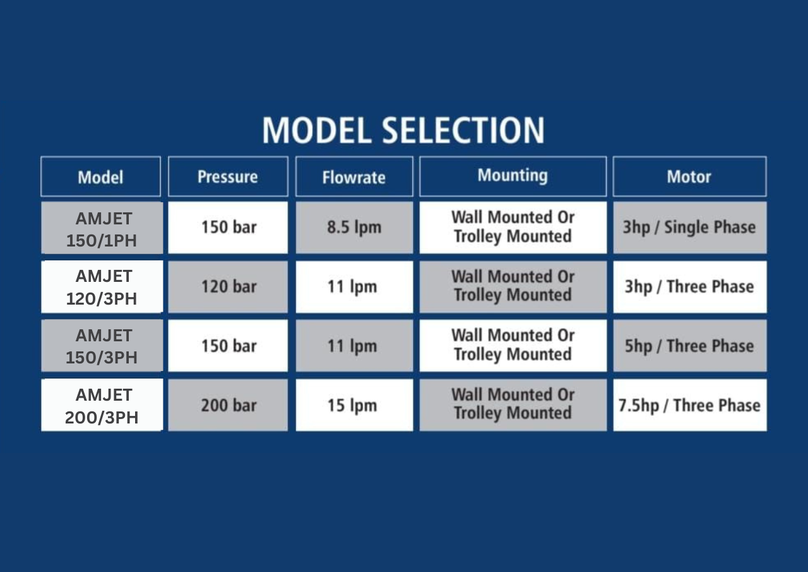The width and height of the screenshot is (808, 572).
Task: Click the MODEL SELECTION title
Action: pos(403,130)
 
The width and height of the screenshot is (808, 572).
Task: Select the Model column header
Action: pos(100,176)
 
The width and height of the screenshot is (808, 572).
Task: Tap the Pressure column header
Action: pos(228,176)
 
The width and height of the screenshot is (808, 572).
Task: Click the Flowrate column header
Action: pos(354,176)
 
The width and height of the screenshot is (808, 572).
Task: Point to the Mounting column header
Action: pos(513,176)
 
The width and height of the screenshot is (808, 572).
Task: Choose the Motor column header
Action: pos(690,176)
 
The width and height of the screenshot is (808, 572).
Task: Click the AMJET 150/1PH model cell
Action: pos(102,228)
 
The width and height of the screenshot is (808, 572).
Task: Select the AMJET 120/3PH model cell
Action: pos(102,287)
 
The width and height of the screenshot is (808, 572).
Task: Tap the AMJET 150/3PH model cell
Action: pos(102,346)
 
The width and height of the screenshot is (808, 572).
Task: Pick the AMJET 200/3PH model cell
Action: pos(102,405)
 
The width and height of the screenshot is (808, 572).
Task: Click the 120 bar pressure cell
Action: pos(228,287)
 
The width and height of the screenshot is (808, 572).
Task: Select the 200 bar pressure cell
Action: pos(228,405)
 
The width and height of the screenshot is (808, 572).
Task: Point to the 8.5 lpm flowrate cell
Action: pos(354,228)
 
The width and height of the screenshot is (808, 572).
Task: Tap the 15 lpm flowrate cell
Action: pos(354,405)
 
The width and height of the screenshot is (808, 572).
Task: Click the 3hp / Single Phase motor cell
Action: pos(690,228)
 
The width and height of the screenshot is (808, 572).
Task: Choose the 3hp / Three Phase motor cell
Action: pos(690,287)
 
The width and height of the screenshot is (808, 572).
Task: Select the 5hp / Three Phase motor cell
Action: pos(690,346)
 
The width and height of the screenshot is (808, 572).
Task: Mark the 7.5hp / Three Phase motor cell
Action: pos(690,405)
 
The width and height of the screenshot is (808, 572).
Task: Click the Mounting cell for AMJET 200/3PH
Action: pos(513,405)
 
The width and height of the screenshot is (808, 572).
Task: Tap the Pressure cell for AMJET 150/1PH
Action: pos(228,228)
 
